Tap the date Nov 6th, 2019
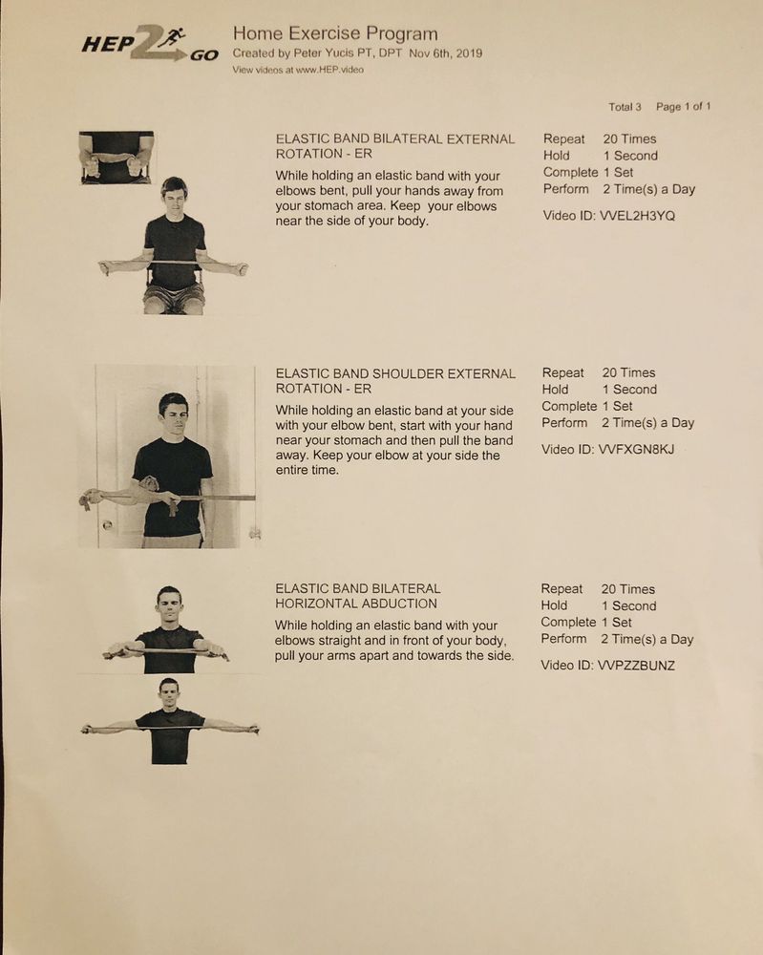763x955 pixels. tap(446, 54)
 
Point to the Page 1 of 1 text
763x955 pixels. tap(684, 107)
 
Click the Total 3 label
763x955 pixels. tap(625, 107)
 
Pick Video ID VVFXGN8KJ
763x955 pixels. tap(607, 449)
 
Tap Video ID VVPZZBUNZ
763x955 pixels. tap(607, 665)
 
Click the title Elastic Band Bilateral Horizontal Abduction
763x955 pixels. tap(357, 596)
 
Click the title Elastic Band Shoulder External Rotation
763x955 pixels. tap(394, 381)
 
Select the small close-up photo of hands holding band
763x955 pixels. tap(116, 158)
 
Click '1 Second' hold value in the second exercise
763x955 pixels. tap(628, 390)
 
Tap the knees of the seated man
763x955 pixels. tap(174, 305)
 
